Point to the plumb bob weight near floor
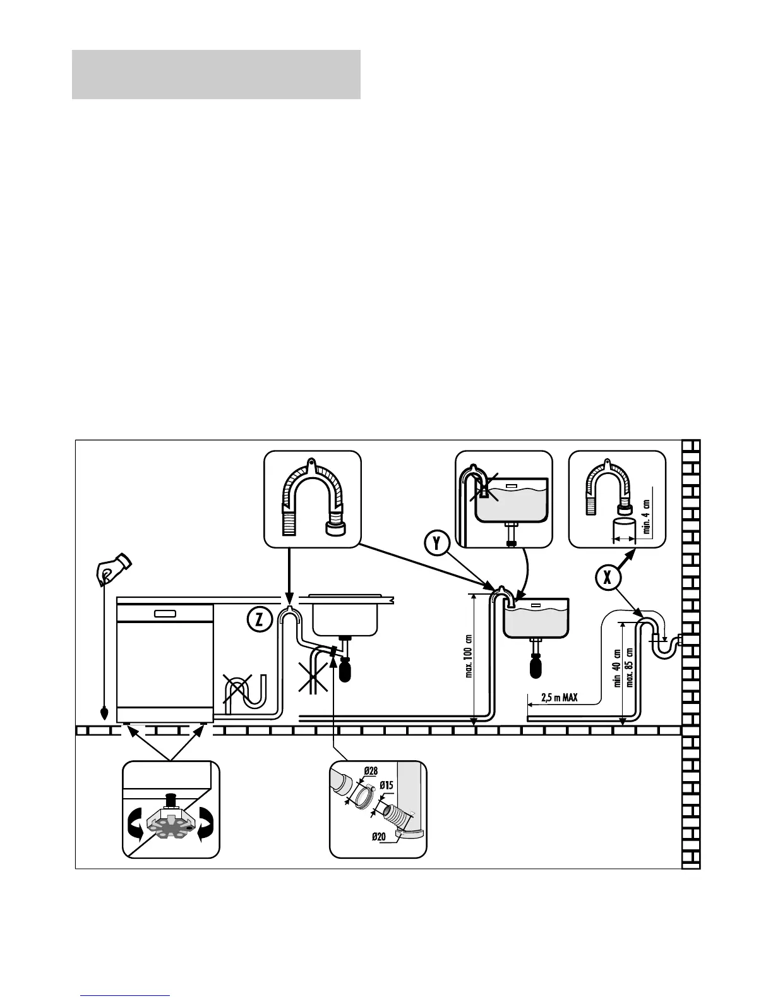pos(104,714)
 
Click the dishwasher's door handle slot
pos(165,612)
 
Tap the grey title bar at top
pos(216,75)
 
